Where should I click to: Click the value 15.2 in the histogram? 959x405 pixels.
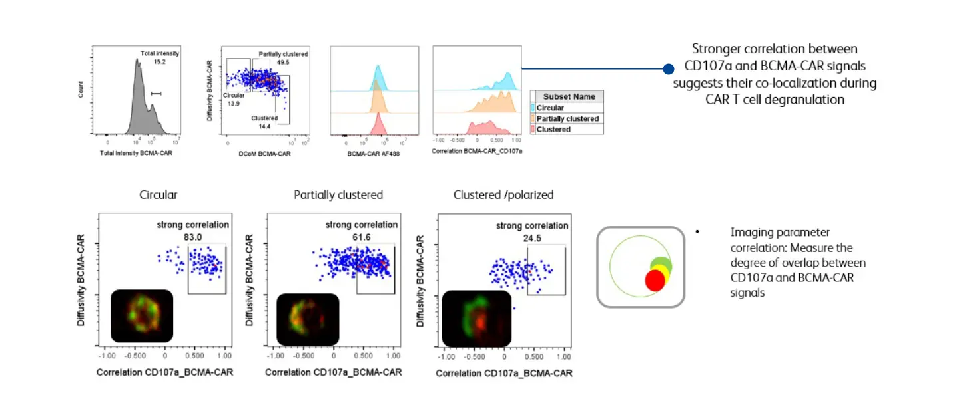click(x=159, y=61)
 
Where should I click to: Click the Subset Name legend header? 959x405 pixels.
click(x=567, y=96)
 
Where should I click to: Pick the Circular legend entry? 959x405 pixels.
click(x=550, y=108)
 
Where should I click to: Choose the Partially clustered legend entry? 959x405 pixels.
click(x=567, y=118)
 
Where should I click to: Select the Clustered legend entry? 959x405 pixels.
click(x=553, y=130)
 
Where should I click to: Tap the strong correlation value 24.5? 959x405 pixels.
click(x=532, y=237)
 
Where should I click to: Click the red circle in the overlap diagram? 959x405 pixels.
click(x=655, y=281)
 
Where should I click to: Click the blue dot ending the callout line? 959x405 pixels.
click(x=669, y=68)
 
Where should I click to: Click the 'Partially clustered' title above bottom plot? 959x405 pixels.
click(x=338, y=195)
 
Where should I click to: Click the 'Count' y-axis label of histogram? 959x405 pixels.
click(x=81, y=94)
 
